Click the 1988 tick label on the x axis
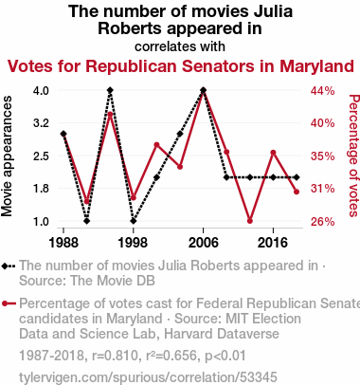63,243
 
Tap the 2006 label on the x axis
203,243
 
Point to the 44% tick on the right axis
322,91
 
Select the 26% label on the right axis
322,222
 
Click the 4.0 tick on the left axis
41,91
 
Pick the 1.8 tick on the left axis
41,189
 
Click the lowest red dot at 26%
250,221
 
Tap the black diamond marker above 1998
134,221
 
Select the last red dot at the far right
297,192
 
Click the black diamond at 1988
63,134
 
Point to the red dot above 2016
273,153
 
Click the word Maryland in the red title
316,67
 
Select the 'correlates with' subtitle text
180,46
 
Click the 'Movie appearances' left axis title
7,156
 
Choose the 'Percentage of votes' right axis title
354,156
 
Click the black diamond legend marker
9,266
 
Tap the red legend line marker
9,303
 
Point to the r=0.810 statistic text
116,356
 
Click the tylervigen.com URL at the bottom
148,377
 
